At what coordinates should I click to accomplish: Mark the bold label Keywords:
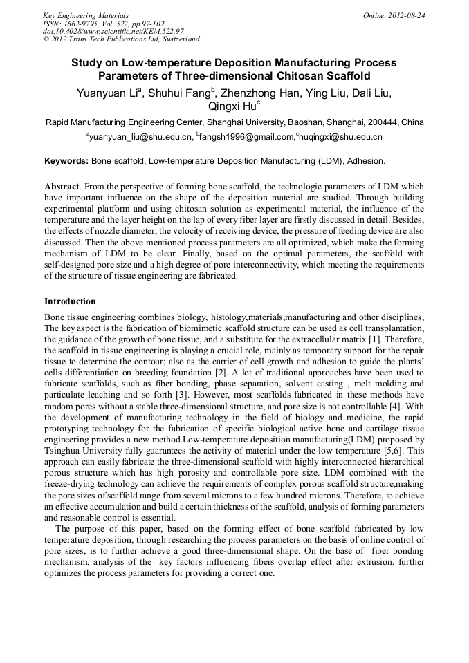coord(66,161)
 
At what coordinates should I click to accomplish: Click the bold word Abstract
coord(62,187)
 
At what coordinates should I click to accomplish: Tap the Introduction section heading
coord(70,301)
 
